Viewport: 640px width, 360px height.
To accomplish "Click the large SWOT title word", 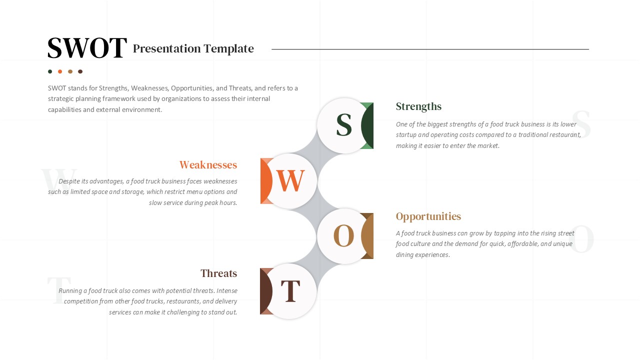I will (87, 48).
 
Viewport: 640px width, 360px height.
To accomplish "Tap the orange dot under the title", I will (60, 71).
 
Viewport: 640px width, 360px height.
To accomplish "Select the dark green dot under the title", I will (50, 71).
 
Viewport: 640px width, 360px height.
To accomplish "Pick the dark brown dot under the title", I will (80, 71).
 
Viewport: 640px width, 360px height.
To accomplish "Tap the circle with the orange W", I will (290, 181).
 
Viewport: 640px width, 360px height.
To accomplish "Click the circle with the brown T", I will (290, 291).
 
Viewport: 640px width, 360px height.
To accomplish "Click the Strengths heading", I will (418, 106).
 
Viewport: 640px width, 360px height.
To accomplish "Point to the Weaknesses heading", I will (208, 165).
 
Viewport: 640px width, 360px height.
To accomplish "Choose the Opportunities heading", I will (428, 216).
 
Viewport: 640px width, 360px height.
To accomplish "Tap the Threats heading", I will (218, 273).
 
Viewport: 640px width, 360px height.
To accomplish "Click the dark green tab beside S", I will (368, 125).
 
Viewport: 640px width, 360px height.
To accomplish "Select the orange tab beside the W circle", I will (265, 181).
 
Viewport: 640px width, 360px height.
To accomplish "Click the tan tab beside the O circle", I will (368, 236).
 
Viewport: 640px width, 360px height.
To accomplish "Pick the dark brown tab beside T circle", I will (265, 291).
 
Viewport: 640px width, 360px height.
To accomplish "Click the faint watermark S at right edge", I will (581, 125).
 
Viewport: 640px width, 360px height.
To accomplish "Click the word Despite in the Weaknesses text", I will (69, 181).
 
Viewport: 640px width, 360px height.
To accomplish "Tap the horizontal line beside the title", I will (430, 49).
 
